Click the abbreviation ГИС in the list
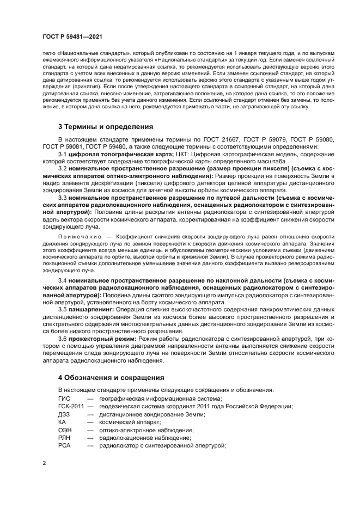tap(64, 398)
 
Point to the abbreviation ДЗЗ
tap(64, 414)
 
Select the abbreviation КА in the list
tap(62, 422)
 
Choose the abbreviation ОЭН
tap(65, 430)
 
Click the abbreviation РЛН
tap(64, 438)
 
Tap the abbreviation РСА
tap(64, 445)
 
